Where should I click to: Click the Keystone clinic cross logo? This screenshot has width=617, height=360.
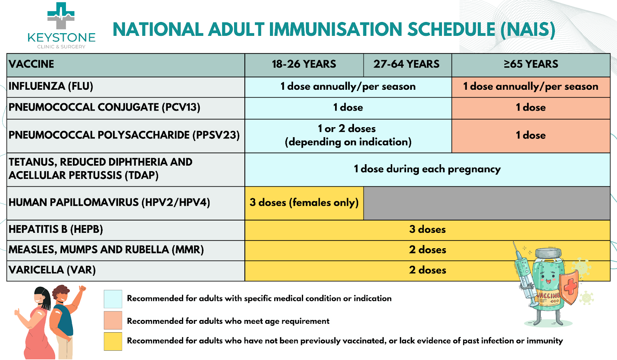click(61, 16)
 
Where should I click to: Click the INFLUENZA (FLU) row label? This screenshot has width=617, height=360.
click(51, 86)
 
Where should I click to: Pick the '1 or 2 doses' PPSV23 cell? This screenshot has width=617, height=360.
click(348, 136)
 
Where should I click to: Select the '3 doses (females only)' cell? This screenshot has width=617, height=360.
click(304, 203)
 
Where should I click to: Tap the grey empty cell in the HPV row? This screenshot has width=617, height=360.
click(487, 203)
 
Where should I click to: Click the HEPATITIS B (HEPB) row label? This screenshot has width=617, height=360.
click(56, 229)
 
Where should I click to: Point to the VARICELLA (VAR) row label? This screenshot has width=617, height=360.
click(52, 270)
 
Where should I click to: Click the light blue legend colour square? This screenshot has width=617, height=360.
click(113, 299)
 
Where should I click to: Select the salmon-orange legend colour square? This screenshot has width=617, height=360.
click(113, 320)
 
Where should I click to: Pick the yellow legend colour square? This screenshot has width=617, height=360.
click(113, 341)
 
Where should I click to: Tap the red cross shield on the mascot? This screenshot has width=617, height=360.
click(569, 287)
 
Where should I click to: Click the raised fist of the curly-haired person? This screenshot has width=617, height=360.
click(83, 289)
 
